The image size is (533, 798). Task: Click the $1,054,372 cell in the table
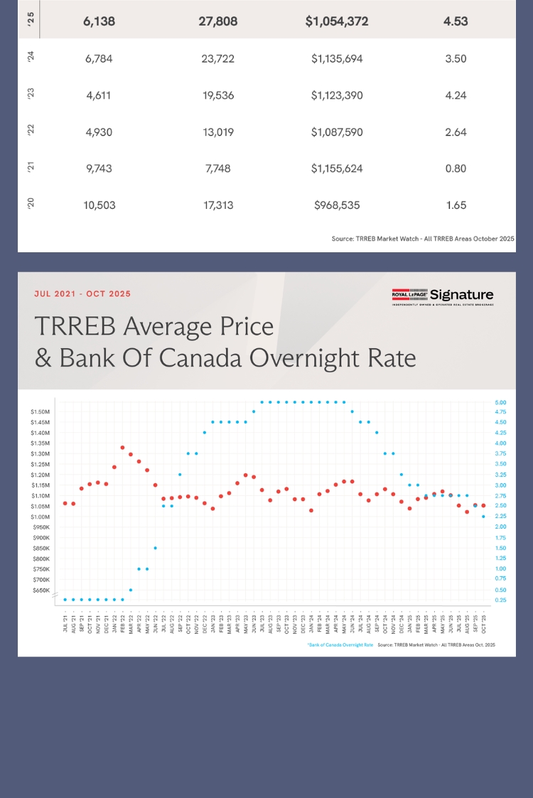point(337,22)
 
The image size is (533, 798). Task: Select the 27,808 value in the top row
point(218,22)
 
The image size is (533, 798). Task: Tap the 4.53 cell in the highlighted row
point(455,22)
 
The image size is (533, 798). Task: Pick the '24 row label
point(31,58)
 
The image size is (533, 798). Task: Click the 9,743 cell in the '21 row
point(99,168)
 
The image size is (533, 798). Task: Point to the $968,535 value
point(337,205)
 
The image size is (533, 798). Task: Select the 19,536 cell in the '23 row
point(218,95)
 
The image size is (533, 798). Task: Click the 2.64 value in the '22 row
point(455,132)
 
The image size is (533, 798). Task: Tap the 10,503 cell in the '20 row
point(99,205)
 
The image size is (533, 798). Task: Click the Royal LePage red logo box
point(409,295)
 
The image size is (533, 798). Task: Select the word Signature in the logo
point(461,295)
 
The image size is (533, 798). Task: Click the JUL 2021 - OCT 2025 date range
point(82,293)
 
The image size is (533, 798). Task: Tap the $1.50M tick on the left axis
point(40,412)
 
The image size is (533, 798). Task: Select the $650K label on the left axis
point(41,591)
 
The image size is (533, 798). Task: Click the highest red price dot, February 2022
point(123,448)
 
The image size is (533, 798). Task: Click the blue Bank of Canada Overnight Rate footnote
point(340,645)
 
